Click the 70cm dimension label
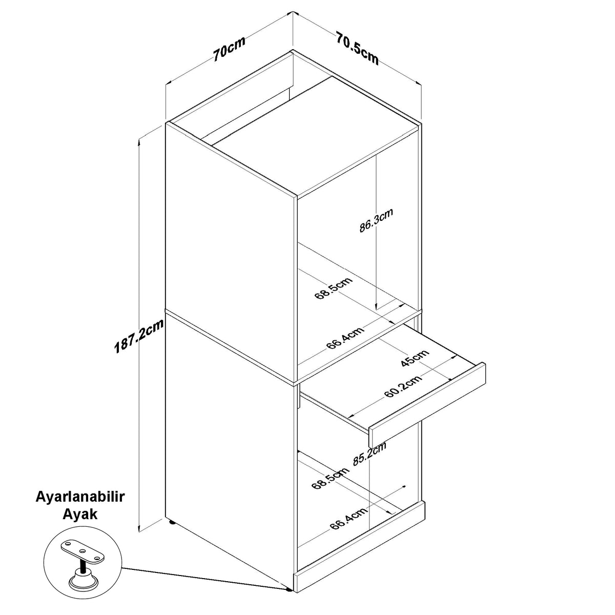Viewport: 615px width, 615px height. pyautogui.click(x=230, y=49)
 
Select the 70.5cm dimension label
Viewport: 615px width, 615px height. pyautogui.click(x=357, y=48)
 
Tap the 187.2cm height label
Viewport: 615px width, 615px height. pyautogui.click(x=139, y=336)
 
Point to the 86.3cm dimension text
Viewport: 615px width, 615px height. pyautogui.click(x=376, y=220)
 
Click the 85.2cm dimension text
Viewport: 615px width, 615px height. pyautogui.click(x=370, y=454)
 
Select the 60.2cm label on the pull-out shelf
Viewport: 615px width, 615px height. pyautogui.click(x=403, y=387)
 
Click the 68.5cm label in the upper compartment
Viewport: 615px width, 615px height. pyautogui.click(x=334, y=288)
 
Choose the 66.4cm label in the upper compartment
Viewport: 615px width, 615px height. pyautogui.click(x=345, y=338)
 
